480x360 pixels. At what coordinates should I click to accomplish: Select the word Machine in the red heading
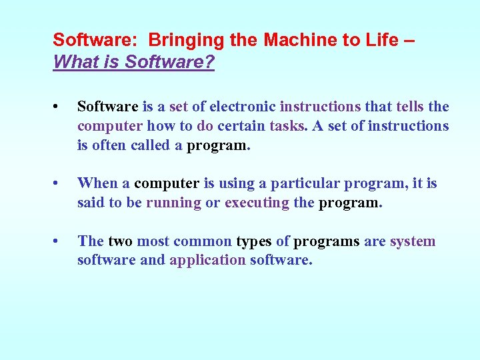click(293, 40)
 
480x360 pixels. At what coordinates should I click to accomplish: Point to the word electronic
click(243, 107)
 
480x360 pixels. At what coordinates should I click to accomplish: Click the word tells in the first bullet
click(401, 107)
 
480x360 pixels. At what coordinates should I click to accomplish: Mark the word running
click(173, 203)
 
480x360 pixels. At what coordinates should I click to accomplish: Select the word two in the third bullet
click(120, 241)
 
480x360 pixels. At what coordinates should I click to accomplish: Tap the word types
click(254, 241)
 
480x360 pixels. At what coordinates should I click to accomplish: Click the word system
click(413, 241)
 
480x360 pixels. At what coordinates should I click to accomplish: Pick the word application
click(207, 261)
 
